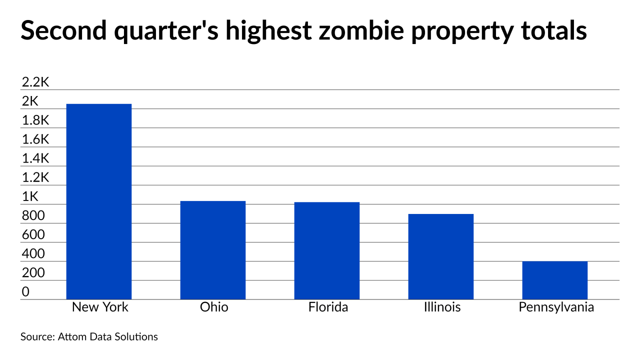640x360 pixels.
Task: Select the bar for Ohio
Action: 213,250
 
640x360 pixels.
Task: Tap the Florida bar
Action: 327,250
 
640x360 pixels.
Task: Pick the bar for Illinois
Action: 441,256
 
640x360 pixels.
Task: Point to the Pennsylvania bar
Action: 555,280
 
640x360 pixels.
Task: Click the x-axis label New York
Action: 100,307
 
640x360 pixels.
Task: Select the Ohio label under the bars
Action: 213,307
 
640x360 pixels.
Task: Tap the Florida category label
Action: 328,307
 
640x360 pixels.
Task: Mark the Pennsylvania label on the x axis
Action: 556,307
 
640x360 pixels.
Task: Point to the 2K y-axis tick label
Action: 30,101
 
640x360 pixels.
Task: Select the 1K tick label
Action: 30,196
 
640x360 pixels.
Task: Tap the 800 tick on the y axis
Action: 33,216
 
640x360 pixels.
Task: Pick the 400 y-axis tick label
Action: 33,254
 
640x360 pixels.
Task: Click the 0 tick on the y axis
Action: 25,292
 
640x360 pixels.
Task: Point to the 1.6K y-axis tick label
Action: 36,139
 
